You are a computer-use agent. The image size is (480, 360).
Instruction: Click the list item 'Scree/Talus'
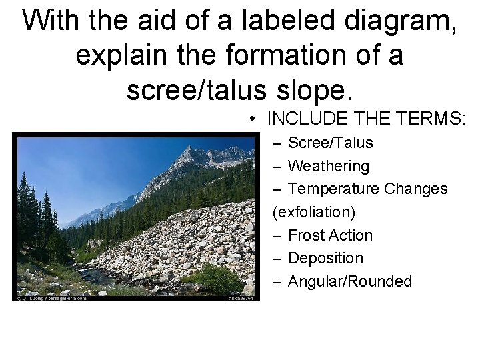click(330, 143)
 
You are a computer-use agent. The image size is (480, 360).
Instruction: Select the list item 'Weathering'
click(328, 165)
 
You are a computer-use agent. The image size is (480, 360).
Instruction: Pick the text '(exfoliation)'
click(314, 212)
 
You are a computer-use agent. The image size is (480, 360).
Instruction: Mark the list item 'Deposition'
click(325, 258)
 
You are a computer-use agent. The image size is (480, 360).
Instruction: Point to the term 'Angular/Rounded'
click(350, 281)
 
